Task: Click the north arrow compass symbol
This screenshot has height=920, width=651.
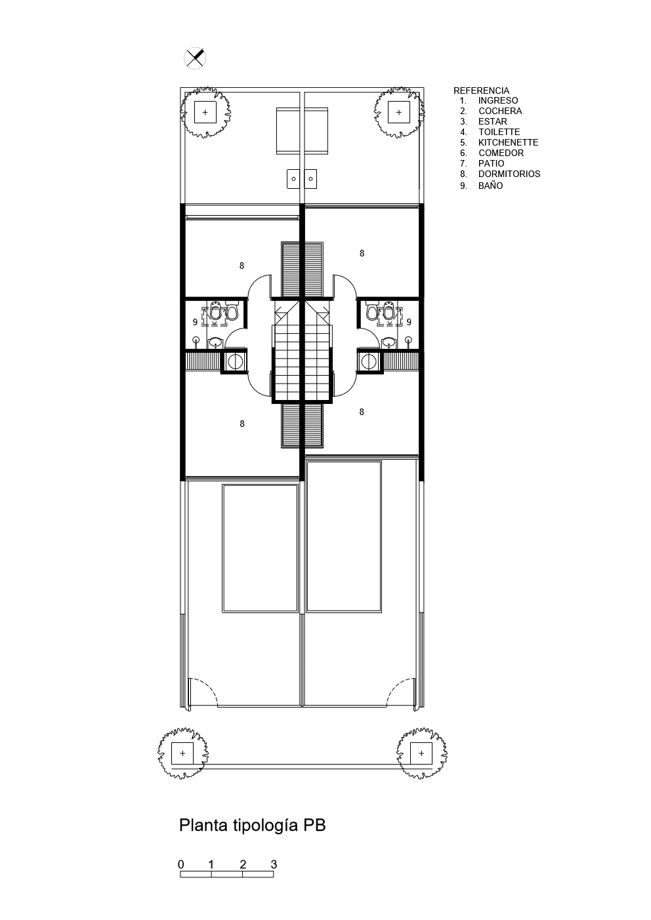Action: (x=195, y=58)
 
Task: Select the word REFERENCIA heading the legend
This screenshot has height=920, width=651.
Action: (x=481, y=90)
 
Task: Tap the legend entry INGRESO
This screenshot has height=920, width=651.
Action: (x=498, y=100)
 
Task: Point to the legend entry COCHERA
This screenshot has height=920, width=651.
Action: (x=500, y=111)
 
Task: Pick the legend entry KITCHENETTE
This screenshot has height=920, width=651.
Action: (x=508, y=142)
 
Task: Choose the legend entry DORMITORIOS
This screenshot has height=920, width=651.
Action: (x=509, y=174)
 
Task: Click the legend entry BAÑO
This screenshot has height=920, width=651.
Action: (x=490, y=186)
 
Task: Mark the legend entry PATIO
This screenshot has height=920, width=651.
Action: (x=491, y=163)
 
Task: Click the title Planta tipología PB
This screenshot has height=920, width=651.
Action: (x=252, y=825)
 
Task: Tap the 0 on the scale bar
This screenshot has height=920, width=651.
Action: (x=180, y=864)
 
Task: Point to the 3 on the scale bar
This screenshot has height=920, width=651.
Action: (x=274, y=864)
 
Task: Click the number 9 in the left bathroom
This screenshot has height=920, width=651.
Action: (x=195, y=323)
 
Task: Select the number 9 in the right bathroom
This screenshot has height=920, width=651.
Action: (x=409, y=322)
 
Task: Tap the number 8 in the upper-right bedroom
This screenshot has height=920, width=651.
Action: (x=362, y=253)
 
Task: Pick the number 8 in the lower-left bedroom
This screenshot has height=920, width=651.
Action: (x=242, y=424)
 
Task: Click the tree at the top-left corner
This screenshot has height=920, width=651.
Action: (x=205, y=112)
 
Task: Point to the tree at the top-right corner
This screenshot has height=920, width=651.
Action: (x=398, y=112)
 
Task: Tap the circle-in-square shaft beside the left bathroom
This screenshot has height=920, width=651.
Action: (x=234, y=361)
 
